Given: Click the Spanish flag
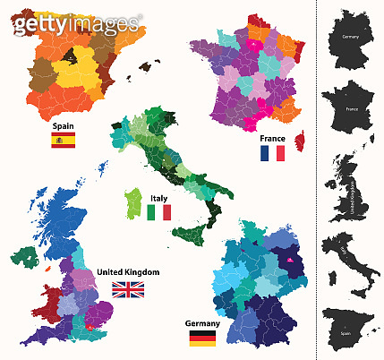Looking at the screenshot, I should pyautogui.click(x=63, y=140).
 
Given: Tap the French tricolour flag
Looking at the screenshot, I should pyautogui.click(x=272, y=153).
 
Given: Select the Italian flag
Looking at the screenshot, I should pyautogui.click(x=159, y=212).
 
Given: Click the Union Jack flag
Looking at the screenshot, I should pyautogui.click(x=127, y=288).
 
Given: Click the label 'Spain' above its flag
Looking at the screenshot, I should pyautogui.click(x=63, y=126).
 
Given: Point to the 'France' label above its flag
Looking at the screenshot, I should pyautogui.click(x=272, y=139).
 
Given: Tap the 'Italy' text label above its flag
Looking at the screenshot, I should pyautogui.click(x=159, y=198).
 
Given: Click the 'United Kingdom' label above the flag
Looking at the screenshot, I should pyautogui.click(x=127, y=272).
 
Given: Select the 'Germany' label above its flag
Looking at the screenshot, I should pyautogui.click(x=202, y=323).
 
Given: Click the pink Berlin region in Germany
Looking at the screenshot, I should pyautogui.click(x=292, y=261).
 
